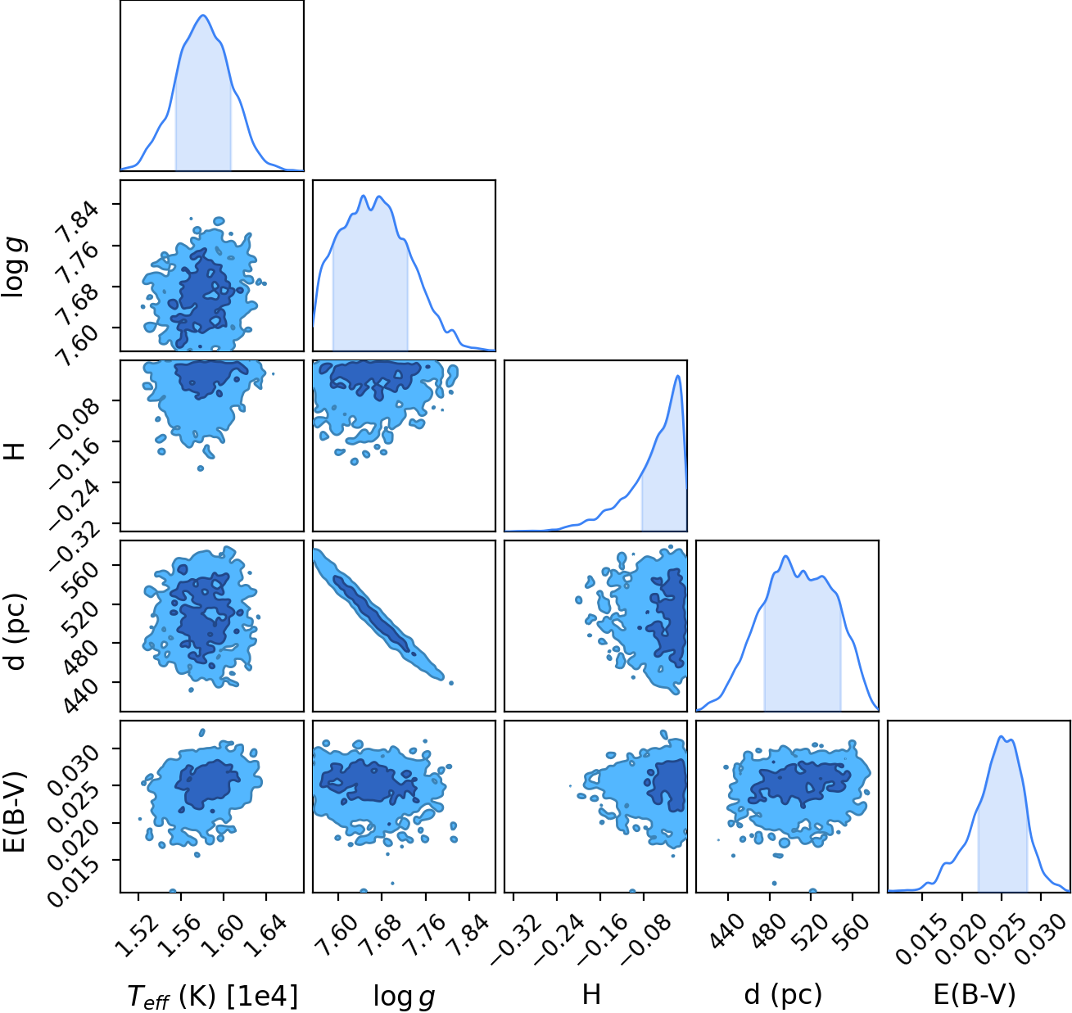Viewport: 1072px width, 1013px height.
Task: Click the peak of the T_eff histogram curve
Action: pyautogui.click(x=203, y=15)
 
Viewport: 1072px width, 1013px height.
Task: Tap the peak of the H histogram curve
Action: pyautogui.click(x=678, y=376)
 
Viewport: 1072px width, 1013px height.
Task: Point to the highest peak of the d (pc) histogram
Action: pyautogui.click(x=786, y=556)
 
